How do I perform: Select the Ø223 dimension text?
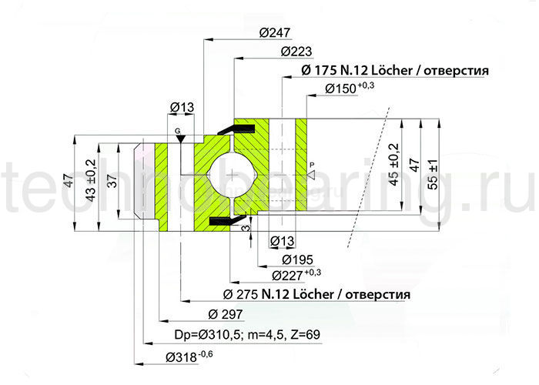pos(296,52)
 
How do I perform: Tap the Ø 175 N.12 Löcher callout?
pos(393,71)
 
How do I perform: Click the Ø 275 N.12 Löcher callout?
pos(316,295)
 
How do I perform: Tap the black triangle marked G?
pos(179,138)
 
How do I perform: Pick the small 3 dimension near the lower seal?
pos(244,229)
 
